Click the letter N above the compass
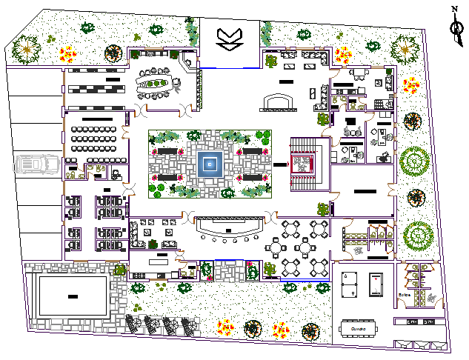click(x=455, y=9)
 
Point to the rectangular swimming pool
click(x=72, y=296)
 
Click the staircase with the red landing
click(x=302, y=164)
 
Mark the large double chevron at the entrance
click(x=227, y=38)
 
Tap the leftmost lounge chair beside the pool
click(x=136, y=324)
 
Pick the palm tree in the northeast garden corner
click(x=405, y=50)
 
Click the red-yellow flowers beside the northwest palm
click(x=68, y=53)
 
